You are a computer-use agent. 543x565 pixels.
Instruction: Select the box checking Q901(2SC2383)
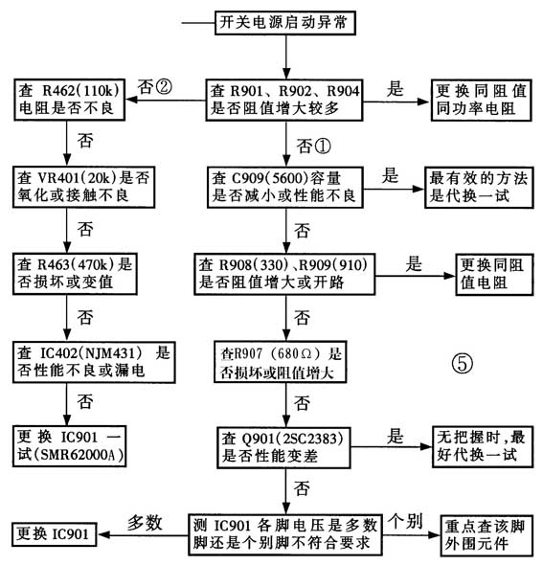tap(282, 444)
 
